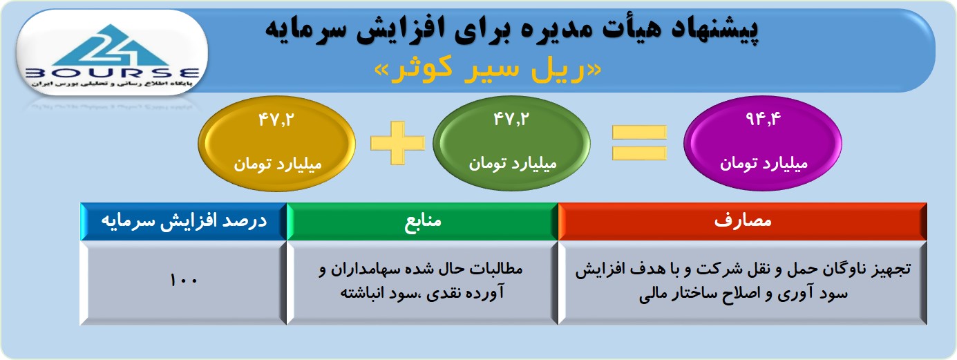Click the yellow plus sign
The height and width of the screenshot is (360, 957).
click(397, 142)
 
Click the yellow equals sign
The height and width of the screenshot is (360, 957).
click(639, 142)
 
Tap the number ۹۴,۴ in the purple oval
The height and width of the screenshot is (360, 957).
click(763, 119)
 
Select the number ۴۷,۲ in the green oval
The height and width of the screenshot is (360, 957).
click(511, 119)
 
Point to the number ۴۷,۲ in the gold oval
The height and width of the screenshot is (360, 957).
click(276, 120)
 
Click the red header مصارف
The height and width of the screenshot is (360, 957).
click(743, 221)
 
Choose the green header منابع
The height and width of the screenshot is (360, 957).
click(423, 221)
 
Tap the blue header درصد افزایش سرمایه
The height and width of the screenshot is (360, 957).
click(184, 221)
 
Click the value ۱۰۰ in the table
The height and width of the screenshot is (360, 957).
click(184, 281)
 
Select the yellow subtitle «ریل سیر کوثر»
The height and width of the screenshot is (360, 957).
click(488, 70)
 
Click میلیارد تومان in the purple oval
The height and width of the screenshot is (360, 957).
click(764, 163)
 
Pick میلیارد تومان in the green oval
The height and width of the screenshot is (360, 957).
click(512, 163)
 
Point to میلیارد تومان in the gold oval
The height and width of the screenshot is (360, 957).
click(277, 164)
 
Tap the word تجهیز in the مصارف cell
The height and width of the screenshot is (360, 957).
click(891, 269)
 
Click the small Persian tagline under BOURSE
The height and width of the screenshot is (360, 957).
click(111, 84)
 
